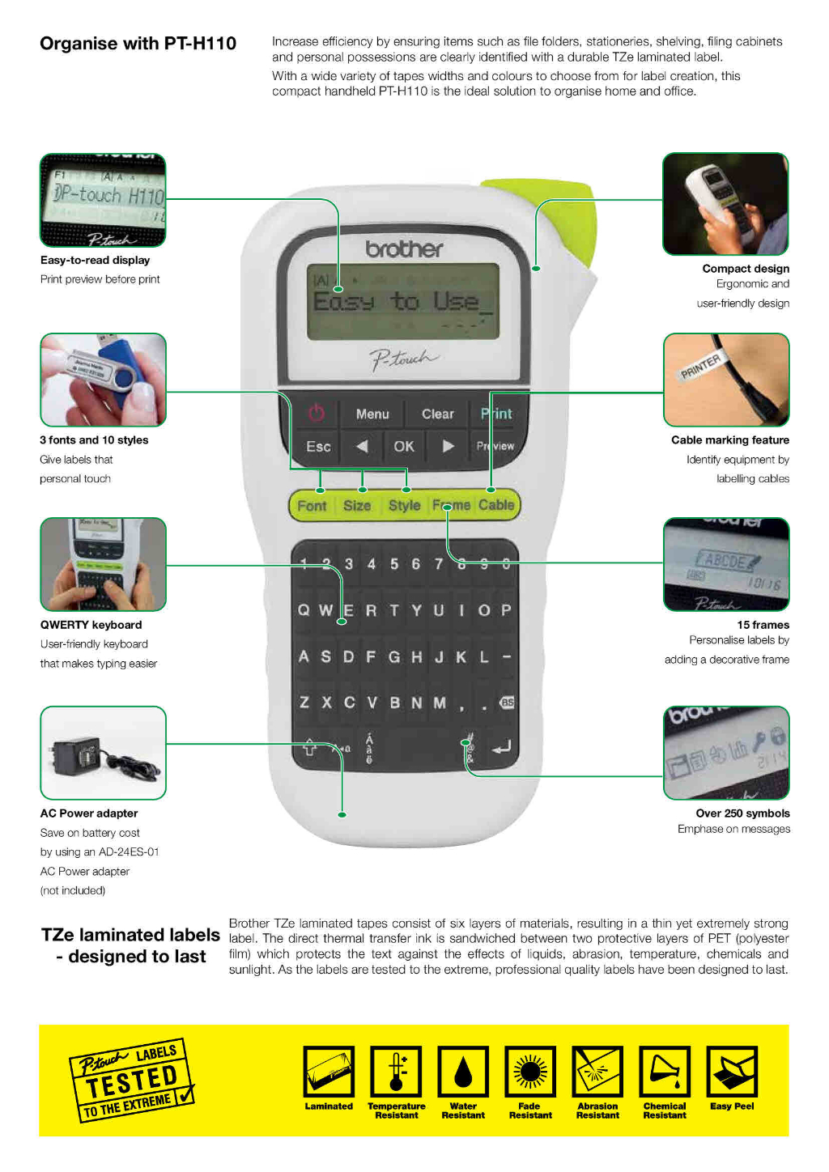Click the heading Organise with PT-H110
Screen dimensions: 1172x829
point(138,44)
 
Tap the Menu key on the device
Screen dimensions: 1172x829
point(372,414)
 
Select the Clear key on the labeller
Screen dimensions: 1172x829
point(437,414)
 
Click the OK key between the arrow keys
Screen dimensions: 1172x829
point(404,446)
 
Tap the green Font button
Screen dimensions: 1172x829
point(312,506)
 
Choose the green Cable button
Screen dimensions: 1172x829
point(496,505)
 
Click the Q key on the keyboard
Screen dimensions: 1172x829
point(304,610)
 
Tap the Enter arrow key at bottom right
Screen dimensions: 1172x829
point(501,747)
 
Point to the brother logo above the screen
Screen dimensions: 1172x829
point(404,248)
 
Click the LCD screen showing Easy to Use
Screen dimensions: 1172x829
point(402,302)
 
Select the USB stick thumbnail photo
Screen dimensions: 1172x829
point(103,380)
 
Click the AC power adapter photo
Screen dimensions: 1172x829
point(103,753)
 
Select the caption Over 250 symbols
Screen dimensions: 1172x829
point(742,813)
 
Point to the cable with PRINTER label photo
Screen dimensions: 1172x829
point(726,380)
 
